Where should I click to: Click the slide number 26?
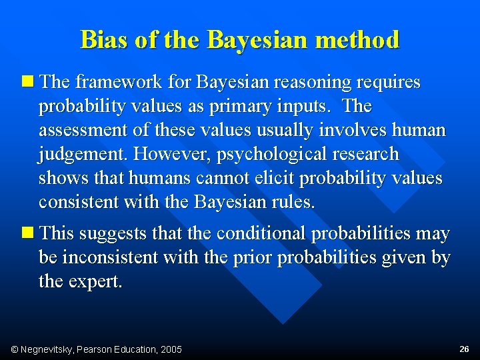(464, 349)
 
